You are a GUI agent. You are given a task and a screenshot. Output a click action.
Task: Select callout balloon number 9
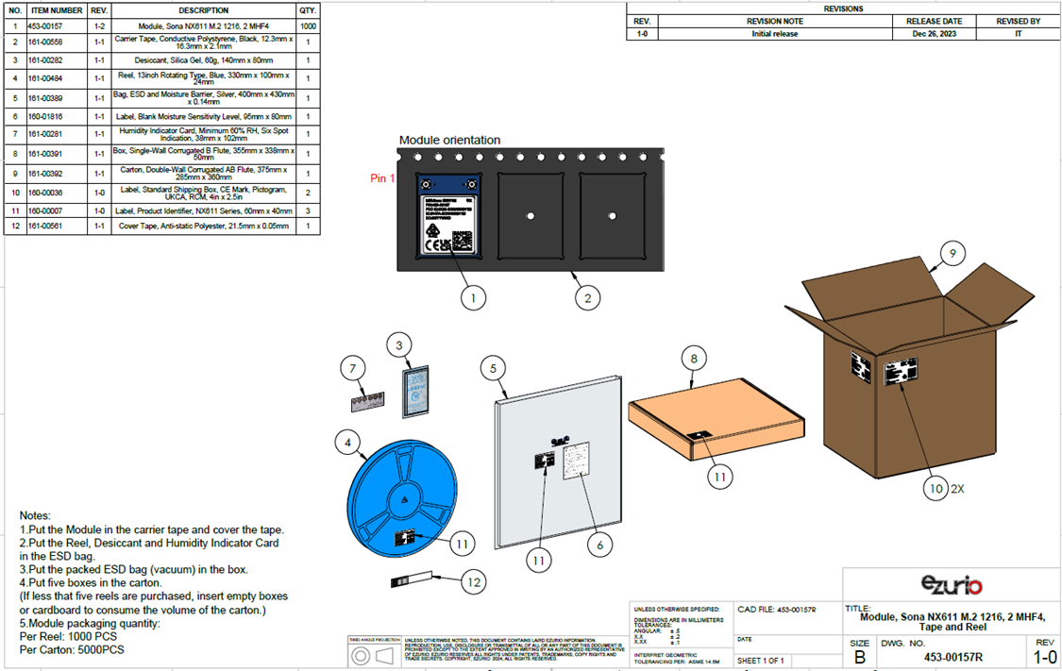(x=953, y=253)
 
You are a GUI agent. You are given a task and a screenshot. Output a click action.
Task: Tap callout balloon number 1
(x=473, y=297)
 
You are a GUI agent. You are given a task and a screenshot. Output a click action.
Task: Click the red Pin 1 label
(x=382, y=178)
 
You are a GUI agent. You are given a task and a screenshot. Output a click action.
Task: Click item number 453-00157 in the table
(x=55, y=26)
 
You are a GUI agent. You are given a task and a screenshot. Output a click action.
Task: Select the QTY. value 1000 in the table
(x=308, y=26)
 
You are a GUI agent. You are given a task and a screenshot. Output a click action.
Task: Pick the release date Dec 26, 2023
(x=934, y=34)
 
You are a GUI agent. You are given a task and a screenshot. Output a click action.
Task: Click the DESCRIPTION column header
(x=204, y=10)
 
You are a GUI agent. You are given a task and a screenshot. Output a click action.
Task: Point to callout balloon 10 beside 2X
(x=935, y=489)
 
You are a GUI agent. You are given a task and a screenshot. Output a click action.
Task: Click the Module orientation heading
(x=449, y=141)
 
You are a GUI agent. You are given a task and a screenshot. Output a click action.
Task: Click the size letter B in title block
(x=859, y=657)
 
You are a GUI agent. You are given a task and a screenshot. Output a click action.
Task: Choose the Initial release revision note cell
(x=774, y=34)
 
